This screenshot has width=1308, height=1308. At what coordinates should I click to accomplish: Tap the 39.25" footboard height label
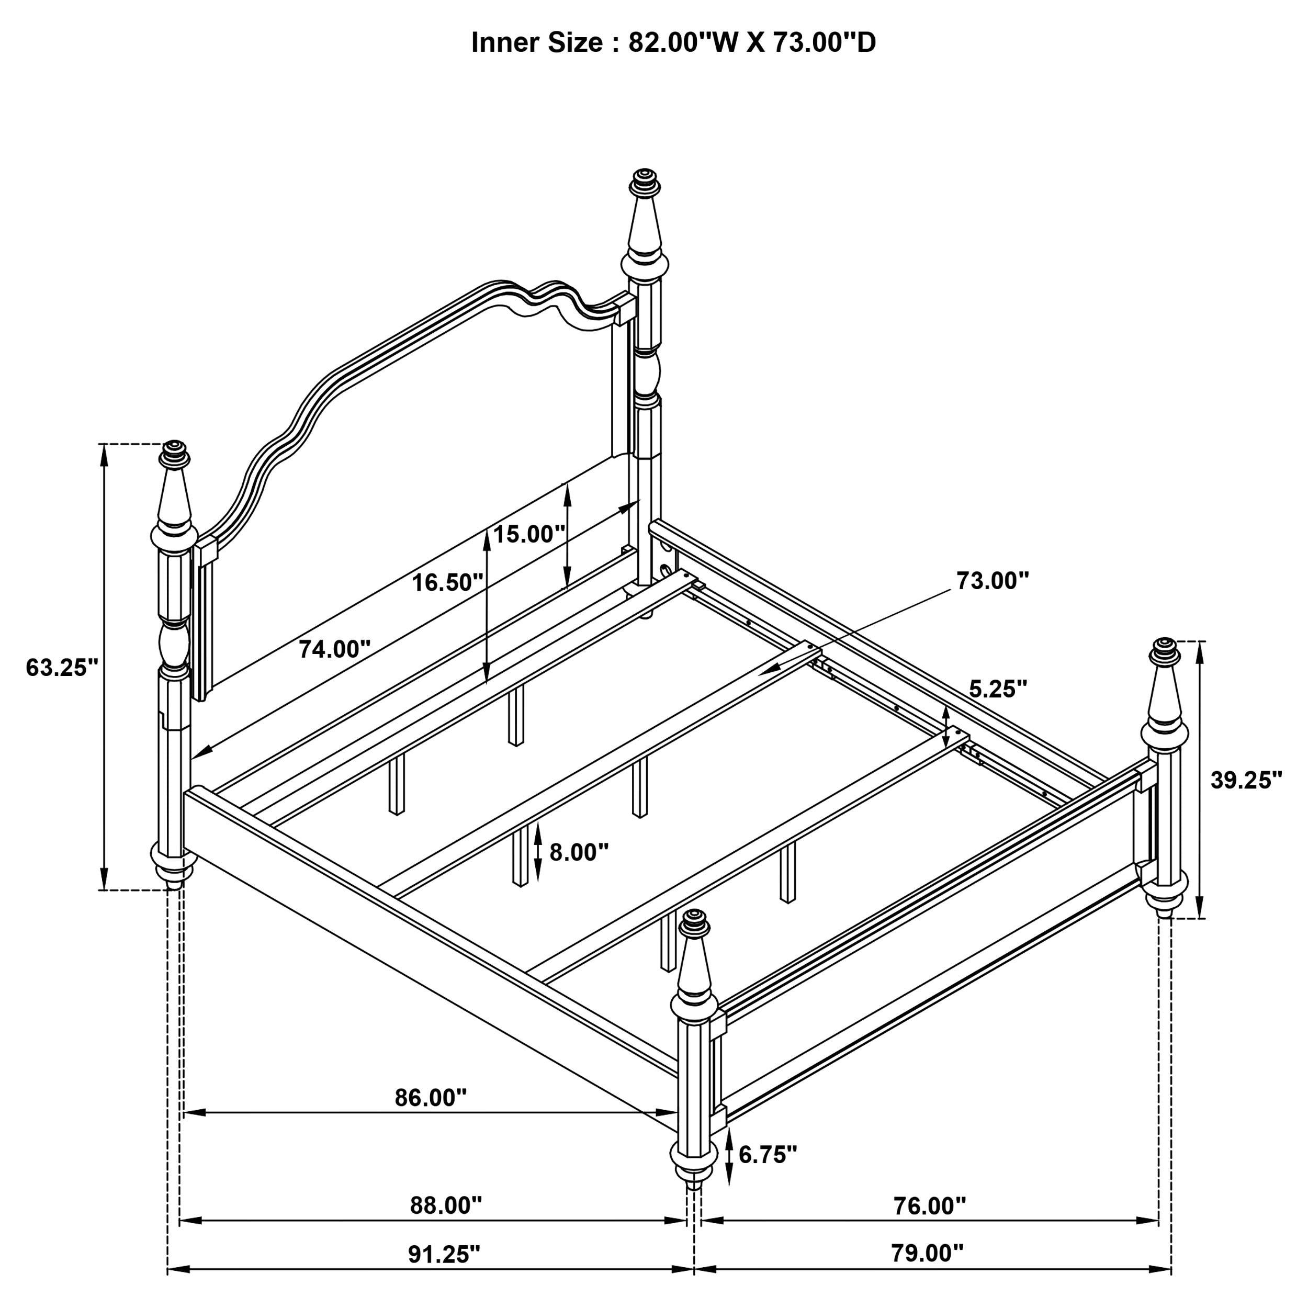click(1246, 780)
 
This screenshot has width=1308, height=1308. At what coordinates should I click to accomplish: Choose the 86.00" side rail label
click(431, 1098)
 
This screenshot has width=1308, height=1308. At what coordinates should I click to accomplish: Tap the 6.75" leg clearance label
click(768, 1154)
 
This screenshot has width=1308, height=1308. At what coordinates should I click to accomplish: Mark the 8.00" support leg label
click(579, 852)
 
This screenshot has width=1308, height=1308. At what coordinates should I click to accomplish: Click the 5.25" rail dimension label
click(998, 689)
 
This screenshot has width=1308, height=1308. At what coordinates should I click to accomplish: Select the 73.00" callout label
click(993, 580)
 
